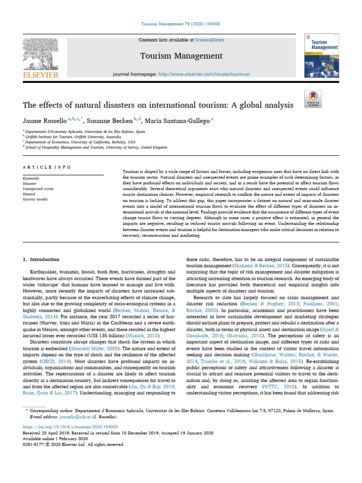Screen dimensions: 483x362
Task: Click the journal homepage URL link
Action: coord(204,74)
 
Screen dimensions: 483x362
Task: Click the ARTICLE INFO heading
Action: coord(47,167)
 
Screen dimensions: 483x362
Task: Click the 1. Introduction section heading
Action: coord(41,259)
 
